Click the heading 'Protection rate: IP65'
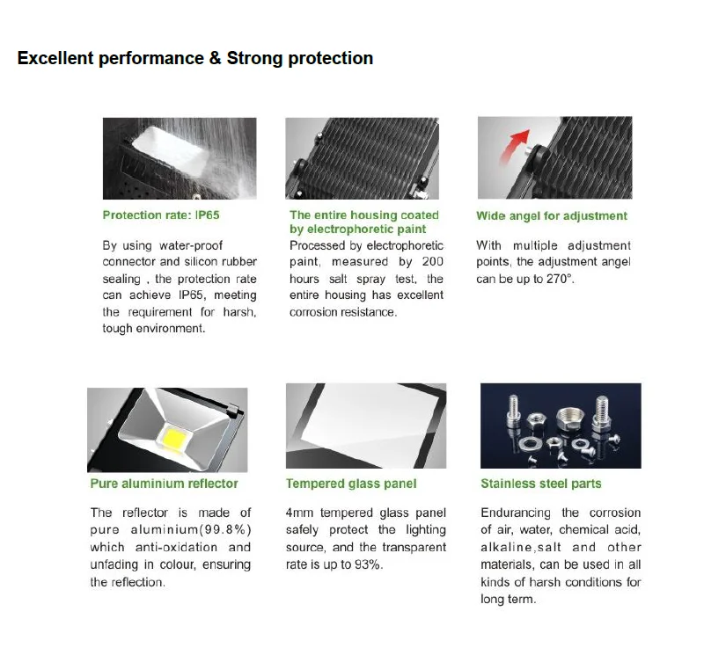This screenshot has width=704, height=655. (161, 215)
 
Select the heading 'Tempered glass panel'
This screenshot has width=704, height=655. (351, 484)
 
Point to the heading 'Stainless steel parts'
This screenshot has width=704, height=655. (541, 484)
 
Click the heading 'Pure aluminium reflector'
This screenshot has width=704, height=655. (164, 484)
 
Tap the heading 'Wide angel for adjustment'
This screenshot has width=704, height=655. (552, 215)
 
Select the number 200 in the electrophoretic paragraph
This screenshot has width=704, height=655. (433, 261)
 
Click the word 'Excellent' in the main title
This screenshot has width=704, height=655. (55, 58)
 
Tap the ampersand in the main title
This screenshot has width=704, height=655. (215, 58)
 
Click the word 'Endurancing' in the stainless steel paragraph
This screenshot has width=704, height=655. (516, 513)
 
